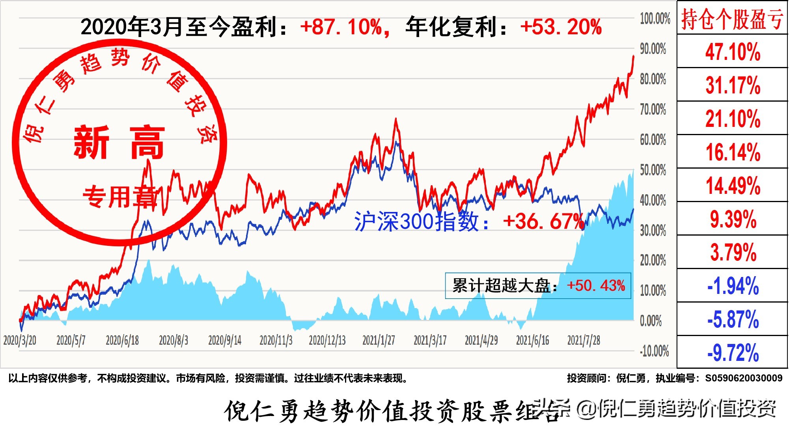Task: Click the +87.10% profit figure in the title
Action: pos(341,27)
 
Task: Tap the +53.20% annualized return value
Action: pos(561,27)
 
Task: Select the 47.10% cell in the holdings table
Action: pos(733,52)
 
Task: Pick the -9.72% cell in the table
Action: pos(733,353)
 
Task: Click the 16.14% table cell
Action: pos(733,152)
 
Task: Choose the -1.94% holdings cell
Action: pos(733,286)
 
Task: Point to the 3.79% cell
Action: pos(733,252)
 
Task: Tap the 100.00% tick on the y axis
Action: pos(655,19)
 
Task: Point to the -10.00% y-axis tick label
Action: pos(654,351)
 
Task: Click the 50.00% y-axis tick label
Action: pos(653,170)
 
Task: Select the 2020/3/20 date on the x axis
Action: pos(20,340)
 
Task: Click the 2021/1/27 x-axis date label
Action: pos(379,340)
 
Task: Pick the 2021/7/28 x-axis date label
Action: pos(584,340)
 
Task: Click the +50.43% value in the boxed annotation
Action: pos(596,286)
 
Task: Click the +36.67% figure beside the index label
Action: pos(543,221)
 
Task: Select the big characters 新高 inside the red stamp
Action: pos(119,142)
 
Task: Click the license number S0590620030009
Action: pos(744,378)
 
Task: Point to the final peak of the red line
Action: pos(634,56)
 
